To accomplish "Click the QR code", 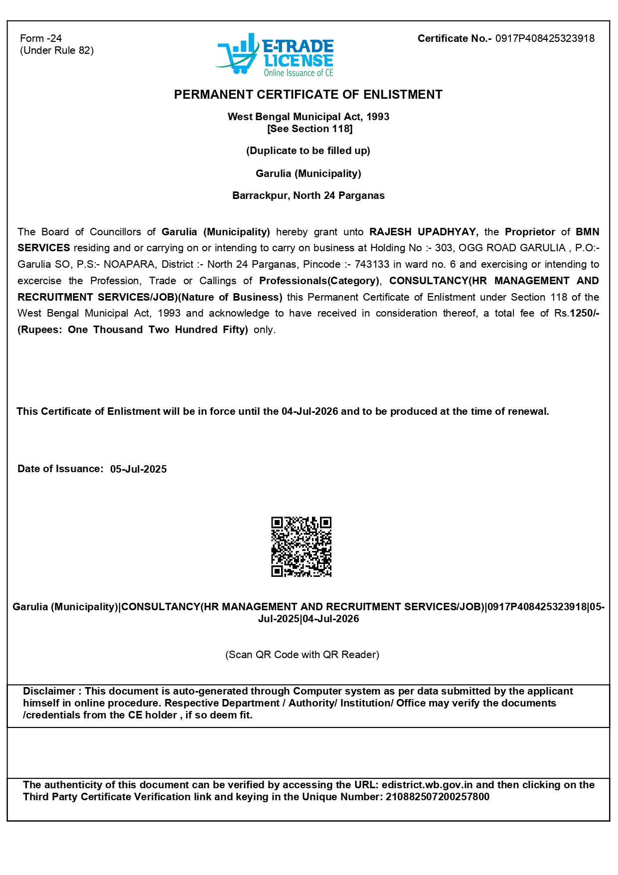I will point(301,546).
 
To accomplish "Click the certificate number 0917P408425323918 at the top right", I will point(545,38).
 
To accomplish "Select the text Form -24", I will point(41,38).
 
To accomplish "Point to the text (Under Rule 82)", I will point(57,50).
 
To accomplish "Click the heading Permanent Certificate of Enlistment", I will point(308,95).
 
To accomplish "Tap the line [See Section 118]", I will point(309,129).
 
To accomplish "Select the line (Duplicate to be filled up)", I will point(308,151).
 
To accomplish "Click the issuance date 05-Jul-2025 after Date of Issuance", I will point(139,469).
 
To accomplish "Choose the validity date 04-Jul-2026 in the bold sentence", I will point(309,411).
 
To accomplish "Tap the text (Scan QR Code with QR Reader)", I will point(302,655).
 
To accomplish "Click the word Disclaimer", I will point(49,691).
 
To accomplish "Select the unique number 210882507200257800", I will point(438,797).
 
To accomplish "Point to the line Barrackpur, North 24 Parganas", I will point(308,195).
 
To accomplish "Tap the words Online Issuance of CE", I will point(299,73).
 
